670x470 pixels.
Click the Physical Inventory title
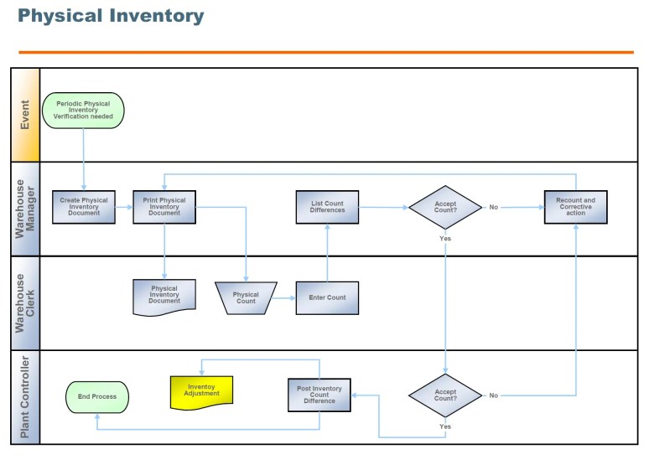111,16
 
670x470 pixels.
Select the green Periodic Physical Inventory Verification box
83,110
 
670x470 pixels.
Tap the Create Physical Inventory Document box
84,207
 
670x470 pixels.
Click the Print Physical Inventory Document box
164,207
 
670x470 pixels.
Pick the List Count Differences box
327,207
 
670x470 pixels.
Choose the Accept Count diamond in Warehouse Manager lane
445,208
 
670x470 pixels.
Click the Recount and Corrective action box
575,207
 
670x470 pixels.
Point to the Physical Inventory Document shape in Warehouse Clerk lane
164,297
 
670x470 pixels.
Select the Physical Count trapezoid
247,298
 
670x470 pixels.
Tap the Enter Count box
327,298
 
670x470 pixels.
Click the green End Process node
97,397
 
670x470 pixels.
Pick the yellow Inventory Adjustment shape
202,392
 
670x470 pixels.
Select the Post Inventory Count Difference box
319,395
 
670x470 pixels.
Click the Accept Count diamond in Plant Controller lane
445,395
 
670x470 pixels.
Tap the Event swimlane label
25,115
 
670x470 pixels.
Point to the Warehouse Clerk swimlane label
25,303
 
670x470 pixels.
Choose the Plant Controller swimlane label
25,397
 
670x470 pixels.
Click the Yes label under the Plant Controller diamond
445,426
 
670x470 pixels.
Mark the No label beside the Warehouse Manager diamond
494,207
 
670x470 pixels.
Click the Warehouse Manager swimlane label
25,209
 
